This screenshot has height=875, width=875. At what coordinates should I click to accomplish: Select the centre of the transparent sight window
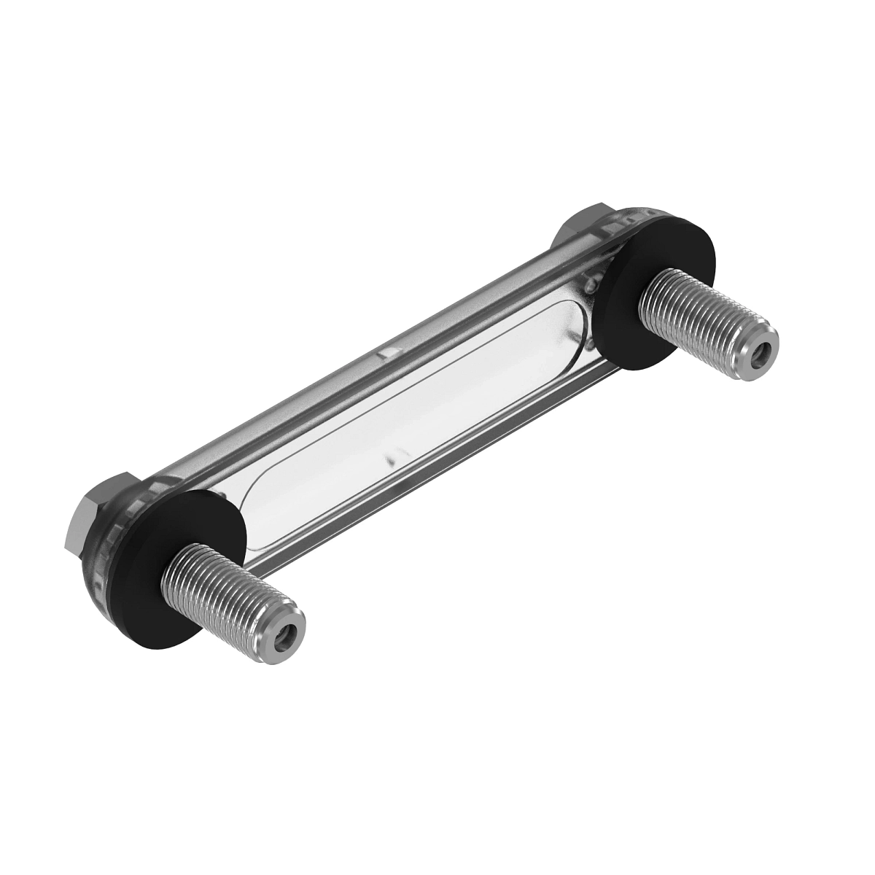click(416, 416)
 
